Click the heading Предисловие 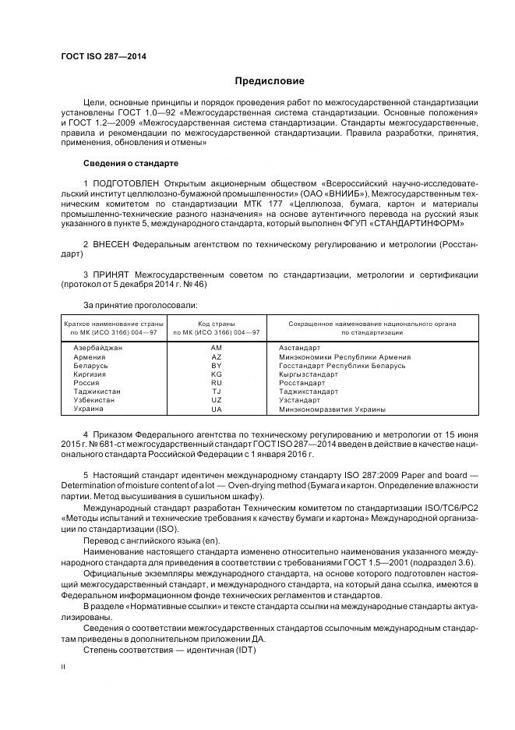(270, 81)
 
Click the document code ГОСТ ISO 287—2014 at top (104, 57)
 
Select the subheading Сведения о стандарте (131, 164)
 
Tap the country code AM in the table (217, 348)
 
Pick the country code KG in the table (217, 374)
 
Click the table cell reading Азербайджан (98, 348)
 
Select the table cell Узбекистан (94, 400)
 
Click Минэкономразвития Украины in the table (332, 409)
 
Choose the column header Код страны (217, 323)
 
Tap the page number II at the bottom (63, 667)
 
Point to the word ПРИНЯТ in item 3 (111, 275)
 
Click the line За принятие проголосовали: (140, 304)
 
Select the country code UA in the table (217, 409)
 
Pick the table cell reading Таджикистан (97, 392)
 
